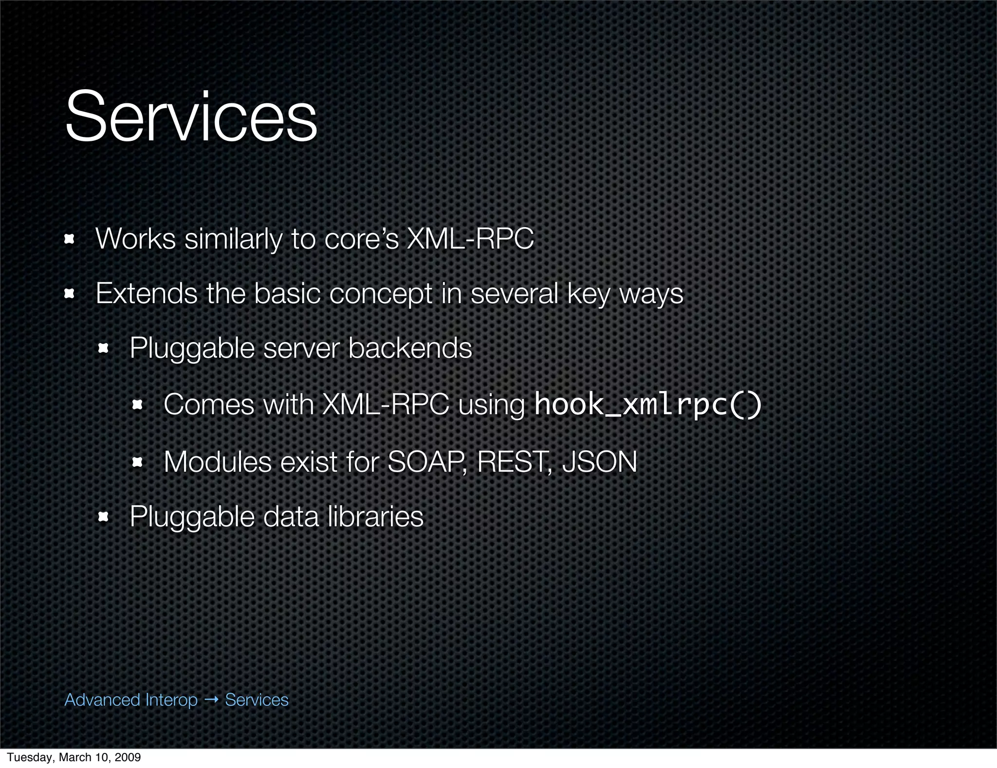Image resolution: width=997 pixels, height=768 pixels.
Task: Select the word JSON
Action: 599,461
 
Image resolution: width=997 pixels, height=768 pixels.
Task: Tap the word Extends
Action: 146,293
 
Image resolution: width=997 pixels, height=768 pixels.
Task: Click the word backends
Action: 410,348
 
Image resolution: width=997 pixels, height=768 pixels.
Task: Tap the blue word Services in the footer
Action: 257,700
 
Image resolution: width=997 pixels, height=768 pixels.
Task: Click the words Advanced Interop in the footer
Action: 131,700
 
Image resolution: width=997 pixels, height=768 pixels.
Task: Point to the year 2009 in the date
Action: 129,757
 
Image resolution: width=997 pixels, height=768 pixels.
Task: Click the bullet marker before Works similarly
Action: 69,239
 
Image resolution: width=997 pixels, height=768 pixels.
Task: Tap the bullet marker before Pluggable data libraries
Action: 103,517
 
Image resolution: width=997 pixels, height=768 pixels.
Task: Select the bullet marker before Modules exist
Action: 137,462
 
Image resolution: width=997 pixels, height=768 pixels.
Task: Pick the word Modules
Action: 217,461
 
